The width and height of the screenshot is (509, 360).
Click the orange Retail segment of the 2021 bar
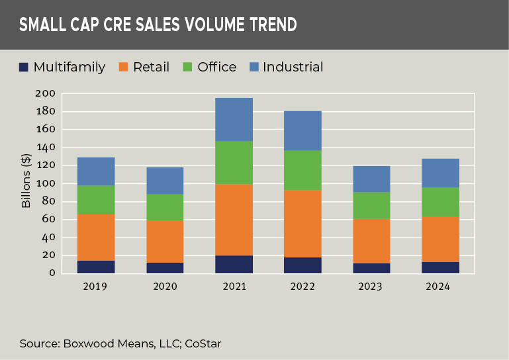[234, 220]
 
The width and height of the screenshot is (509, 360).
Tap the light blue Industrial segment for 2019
[96, 171]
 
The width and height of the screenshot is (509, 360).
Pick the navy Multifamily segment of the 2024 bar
[440, 267]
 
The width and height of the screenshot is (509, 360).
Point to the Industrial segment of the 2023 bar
[371, 179]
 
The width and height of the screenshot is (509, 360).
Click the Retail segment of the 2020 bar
[165, 242]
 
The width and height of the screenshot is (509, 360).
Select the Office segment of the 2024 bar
[440, 202]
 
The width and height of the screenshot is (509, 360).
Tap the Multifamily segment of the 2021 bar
[234, 264]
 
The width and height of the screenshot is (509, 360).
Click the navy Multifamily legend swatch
[24, 67]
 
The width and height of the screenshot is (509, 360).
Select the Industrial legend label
[293, 67]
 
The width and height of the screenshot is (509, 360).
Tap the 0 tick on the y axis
[51, 273]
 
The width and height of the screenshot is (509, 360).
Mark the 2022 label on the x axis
[302, 287]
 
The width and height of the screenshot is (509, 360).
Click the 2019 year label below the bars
[96, 287]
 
